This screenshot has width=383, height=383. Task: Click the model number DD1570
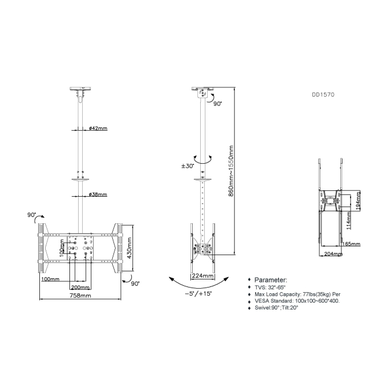(x=323, y=94)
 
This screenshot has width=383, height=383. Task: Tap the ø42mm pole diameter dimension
(x=98, y=128)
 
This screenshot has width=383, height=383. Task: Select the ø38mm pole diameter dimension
(x=98, y=194)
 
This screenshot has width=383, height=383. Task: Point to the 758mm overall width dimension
(x=80, y=296)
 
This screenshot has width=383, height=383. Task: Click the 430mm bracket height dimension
(x=130, y=248)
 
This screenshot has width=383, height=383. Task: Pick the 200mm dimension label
(x=80, y=288)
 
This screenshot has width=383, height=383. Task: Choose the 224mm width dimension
(x=202, y=276)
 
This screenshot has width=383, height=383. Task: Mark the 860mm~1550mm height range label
(x=231, y=171)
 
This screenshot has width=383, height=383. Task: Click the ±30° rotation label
(x=188, y=166)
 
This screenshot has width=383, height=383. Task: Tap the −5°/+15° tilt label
(x=198, y=293)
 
